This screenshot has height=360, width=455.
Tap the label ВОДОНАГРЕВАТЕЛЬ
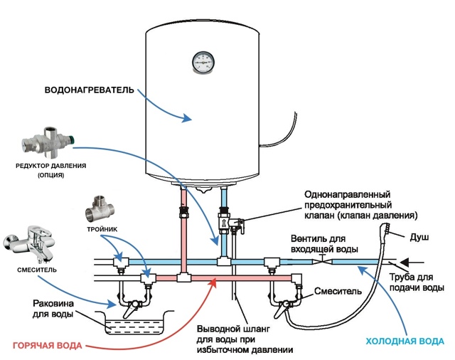click(86, 91)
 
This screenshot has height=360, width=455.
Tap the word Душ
click(420, 235)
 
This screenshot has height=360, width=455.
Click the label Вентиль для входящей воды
click(323, 244)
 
